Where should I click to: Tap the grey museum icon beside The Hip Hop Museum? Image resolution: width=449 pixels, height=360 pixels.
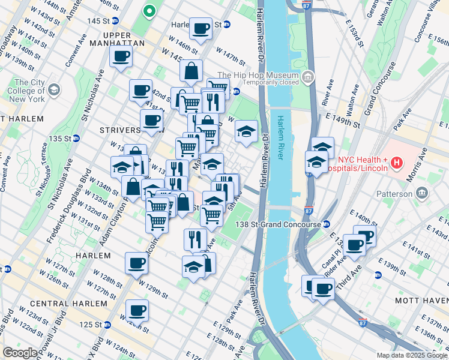(308, 76)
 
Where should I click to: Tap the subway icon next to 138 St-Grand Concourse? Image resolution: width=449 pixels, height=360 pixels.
(326, 224)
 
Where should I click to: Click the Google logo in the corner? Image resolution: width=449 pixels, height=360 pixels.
(20, 353)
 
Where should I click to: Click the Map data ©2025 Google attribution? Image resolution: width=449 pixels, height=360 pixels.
(412, 355)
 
